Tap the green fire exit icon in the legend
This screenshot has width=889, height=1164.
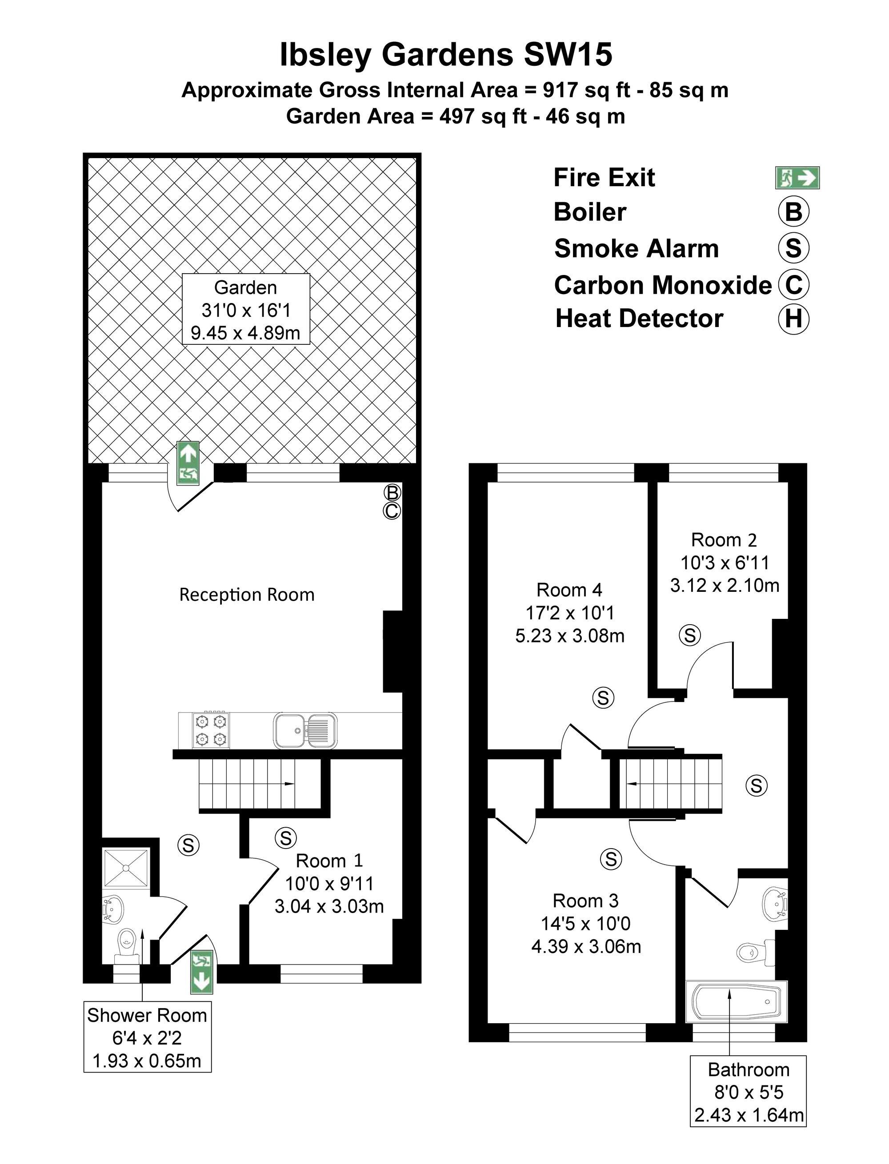click(797, 178)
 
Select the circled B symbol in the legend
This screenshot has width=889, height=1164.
click(794, 211)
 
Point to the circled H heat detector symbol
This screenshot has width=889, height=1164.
click(794, 319)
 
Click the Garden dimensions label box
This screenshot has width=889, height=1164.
click(245, 309)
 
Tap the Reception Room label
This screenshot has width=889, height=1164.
click(247, 595)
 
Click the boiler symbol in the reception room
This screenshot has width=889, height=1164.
click(392, 492)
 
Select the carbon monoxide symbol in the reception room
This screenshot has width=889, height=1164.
click(392, 511)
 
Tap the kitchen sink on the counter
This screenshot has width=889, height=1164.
click(305, 730)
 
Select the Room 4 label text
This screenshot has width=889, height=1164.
click(569, 590)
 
